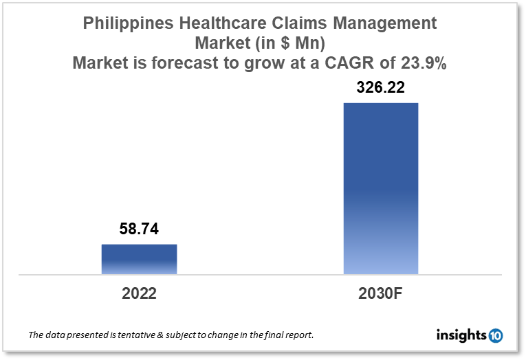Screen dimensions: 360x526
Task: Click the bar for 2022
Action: (140, 259)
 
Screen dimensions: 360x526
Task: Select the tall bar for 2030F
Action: (380, 188)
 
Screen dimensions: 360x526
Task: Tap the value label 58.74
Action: (140, 229)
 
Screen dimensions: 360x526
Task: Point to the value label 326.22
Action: (380, 88)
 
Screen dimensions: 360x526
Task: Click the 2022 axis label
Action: (140, 293)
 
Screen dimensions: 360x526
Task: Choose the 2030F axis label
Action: (380, 293)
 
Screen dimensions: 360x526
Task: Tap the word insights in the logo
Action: (461, 335)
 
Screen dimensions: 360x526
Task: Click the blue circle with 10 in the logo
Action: (495, 335)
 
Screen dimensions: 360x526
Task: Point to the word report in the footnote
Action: (297, 335)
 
